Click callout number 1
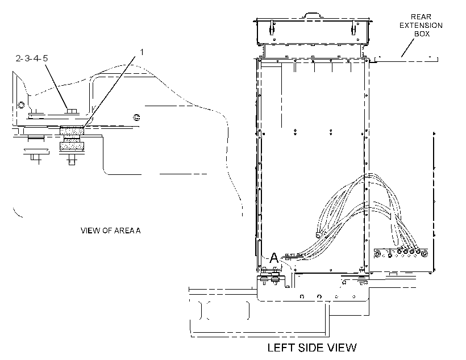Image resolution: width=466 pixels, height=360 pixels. pyautogui.click(x=142, y=52)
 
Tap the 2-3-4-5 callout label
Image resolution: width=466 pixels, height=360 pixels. pyautogui.click(x=31, y=58)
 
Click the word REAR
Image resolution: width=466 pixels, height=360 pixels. pyautogui.click(x=421, y=17)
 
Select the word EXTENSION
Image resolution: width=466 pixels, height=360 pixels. pyautogui.click(x=421, y=26)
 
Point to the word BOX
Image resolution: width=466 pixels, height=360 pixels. pyautogui.click(x=422, y=34)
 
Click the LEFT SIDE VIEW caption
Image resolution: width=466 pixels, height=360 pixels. pyautogui.click(x=312, y=348)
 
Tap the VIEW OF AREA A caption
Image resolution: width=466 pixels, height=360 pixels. pyautogui.click(x=111, y=231)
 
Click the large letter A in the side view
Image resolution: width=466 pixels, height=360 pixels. pyautogui.click(x=274, y=258)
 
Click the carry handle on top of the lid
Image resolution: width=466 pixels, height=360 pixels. pyautogui.click(x=311, y=15)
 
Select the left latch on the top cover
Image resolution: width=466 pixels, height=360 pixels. pyautogui.click(x=272, y=28)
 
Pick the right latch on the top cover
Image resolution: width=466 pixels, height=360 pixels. pyautogui.click(x=353, y=28)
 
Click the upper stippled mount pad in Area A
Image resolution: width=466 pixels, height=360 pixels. pyautogui.click(x=72, y=131)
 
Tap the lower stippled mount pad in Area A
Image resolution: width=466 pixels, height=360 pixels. pyautogui.click(x=72, y=146)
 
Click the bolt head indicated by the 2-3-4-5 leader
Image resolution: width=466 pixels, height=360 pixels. pyautogui.click(x=72, y=111)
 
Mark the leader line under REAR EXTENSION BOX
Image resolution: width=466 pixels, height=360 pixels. pyautogui.click(x=407, y=48)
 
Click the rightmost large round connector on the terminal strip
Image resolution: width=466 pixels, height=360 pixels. pyautogui.click(x=425, y=254)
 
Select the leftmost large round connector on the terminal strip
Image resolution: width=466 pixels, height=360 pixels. pyautogui.click(x=377, y=254)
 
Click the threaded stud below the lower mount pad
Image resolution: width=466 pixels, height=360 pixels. pyautogui.click(x=72, y=160)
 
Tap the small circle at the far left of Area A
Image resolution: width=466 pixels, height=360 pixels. pyautogui.click(x=21, y=105)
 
